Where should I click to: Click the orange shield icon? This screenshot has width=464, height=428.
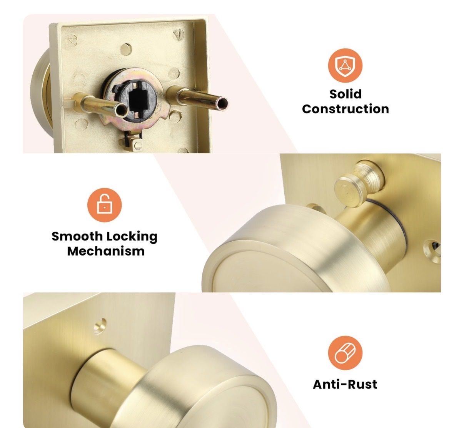[x=345, y=66]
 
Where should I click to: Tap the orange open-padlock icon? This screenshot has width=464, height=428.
[x=104, y=205]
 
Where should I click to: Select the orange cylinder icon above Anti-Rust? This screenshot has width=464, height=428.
[x=345, y=353]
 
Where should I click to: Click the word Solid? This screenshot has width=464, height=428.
[x=345, y=94]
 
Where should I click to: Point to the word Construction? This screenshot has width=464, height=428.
[x=345, y=109]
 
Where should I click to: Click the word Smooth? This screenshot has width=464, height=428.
[x=77, y=236]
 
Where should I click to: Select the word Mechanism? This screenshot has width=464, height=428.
[x=105, y=251]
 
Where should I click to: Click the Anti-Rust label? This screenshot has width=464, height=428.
[x=345, y=384]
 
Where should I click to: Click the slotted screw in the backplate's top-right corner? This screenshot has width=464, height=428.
[x=179, y=35]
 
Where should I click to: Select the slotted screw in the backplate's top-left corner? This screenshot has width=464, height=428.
[x=72, y=40]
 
